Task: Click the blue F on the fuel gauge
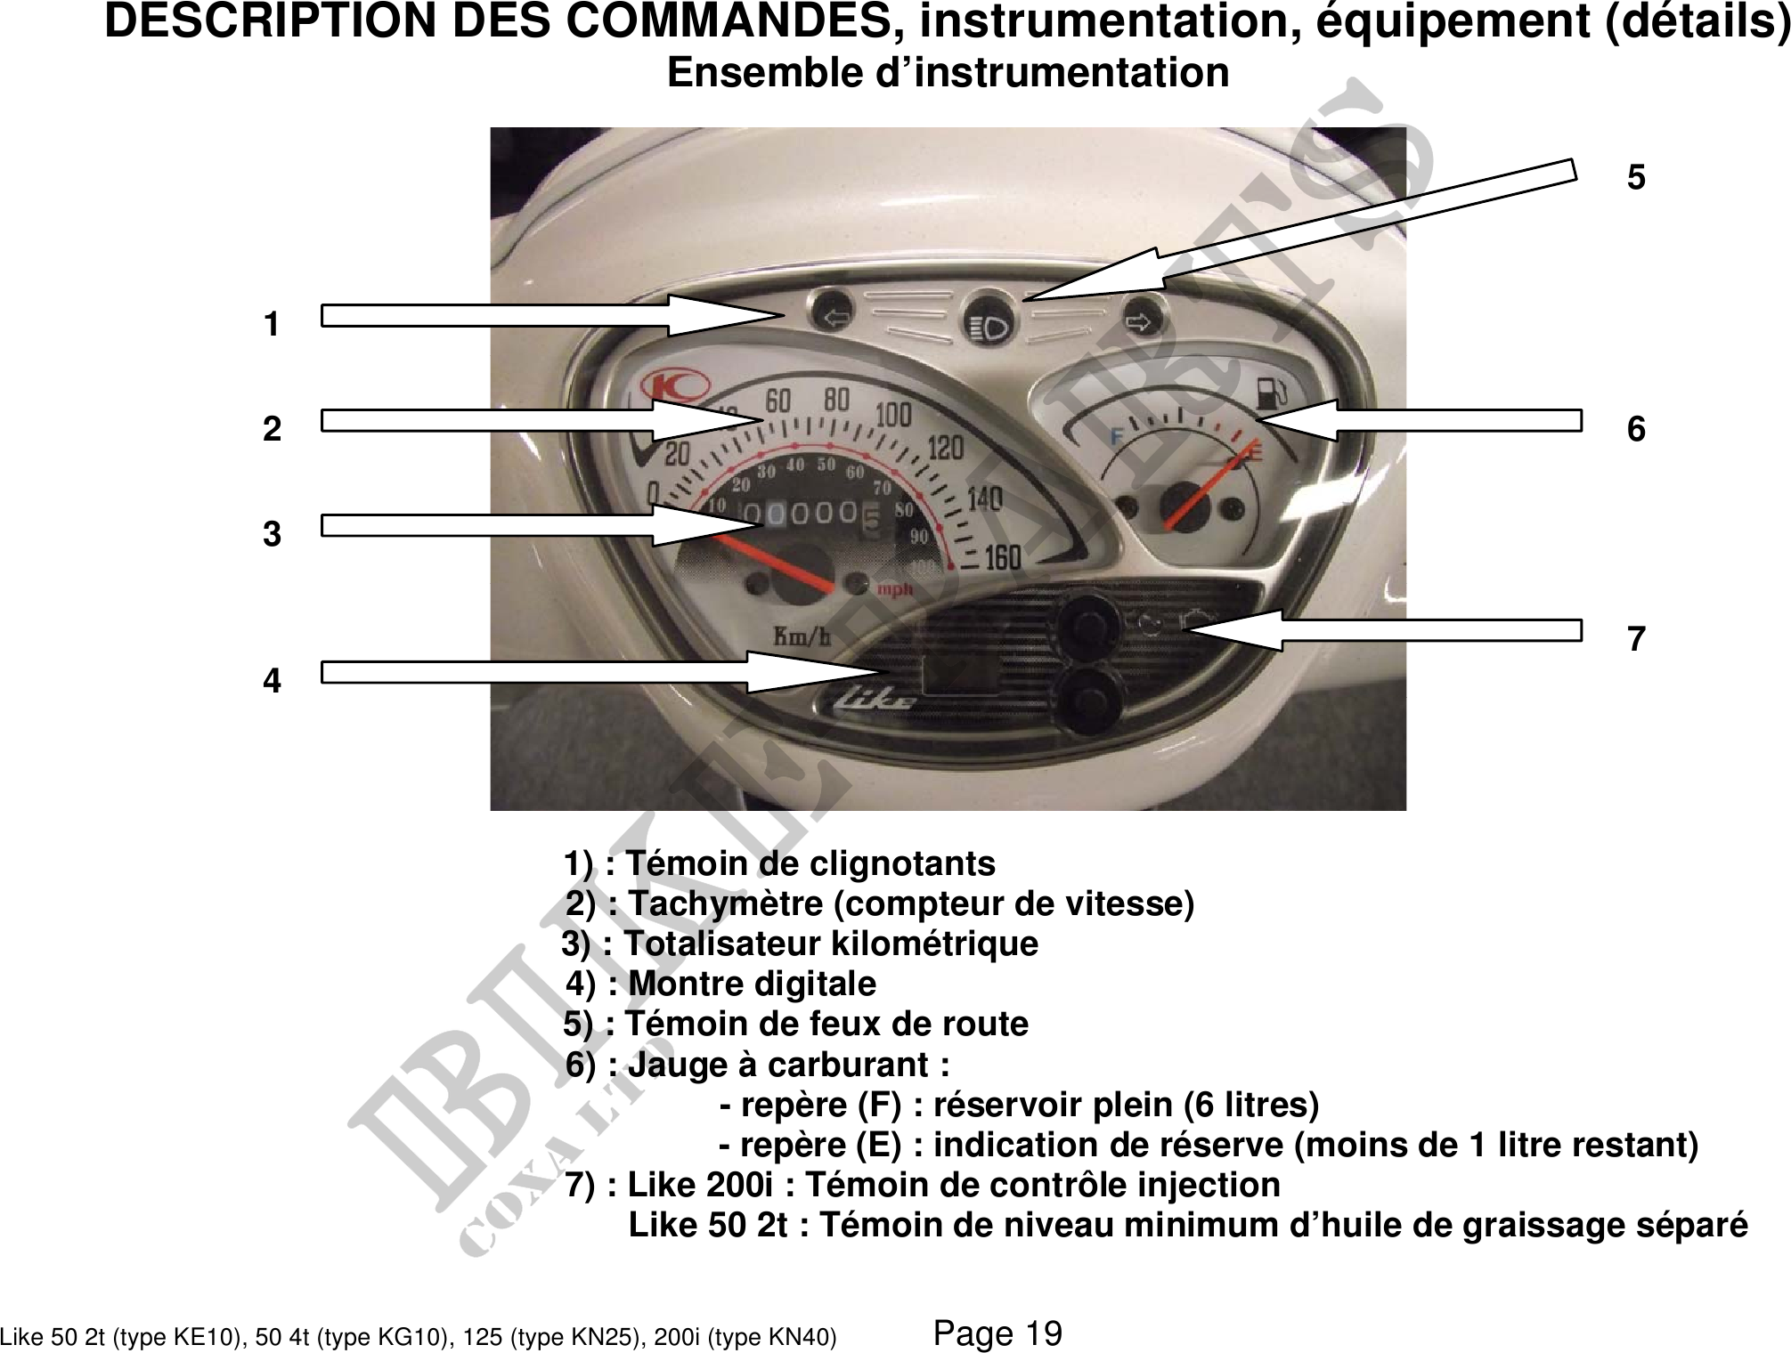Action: (1116, 436)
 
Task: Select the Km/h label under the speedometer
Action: (802, 636)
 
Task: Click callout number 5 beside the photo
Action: (1636, 178)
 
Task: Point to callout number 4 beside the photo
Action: (272, 681)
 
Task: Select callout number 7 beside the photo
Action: (1636, 639)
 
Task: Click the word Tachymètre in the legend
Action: (725, 904)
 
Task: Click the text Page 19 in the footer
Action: (997, 1333)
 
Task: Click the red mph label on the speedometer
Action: (895, 589)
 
